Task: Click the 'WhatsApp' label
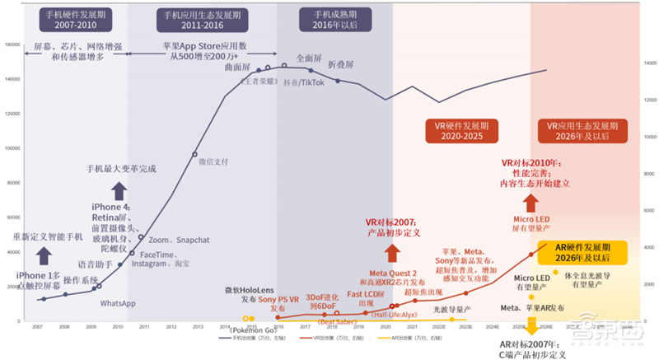point(118,304)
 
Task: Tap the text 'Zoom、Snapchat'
point(181,240)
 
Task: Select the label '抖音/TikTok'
point(304,82)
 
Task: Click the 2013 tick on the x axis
point(198,327)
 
